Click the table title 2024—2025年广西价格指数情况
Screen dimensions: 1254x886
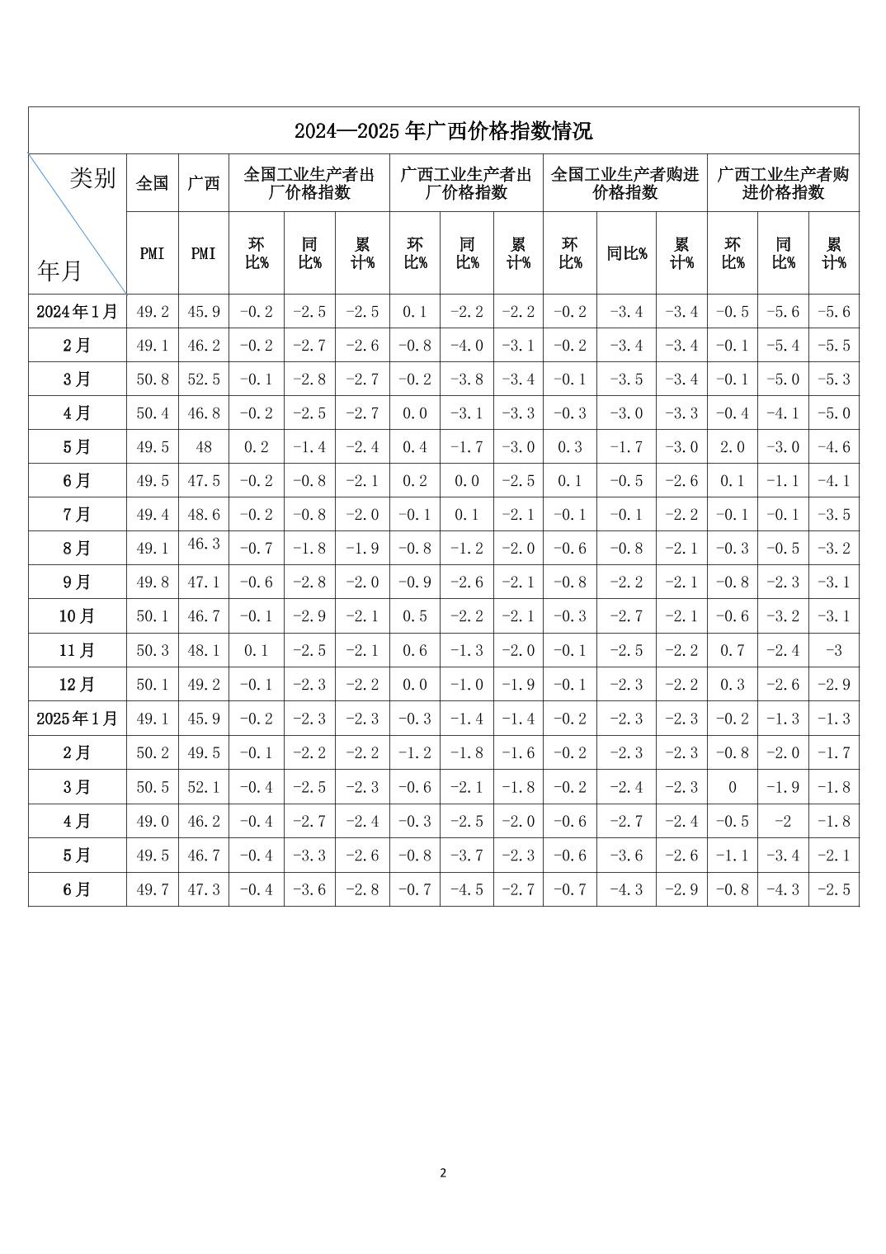[x=443, y=131]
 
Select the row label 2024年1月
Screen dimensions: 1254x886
[x=78, y=312]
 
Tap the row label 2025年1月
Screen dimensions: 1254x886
[x=78, y=719]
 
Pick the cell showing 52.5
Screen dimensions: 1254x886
[x=204, y=379]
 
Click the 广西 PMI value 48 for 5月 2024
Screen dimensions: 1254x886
[x=204, y=447]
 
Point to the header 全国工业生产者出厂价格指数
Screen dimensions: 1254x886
[x=309, y=183]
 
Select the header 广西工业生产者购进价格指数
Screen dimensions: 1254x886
[x=783, y=183]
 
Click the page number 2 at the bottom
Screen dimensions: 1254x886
[x=443, y=1173]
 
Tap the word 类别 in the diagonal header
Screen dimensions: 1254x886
[x=92, y=178]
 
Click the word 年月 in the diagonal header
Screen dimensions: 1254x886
[x=60, y=270]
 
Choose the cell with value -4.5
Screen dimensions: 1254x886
[x=467, y=889]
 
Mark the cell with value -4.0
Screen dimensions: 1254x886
[x=467, y=346]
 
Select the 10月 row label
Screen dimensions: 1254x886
[x=78, y=616]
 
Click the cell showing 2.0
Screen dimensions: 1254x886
[x=733, y=447]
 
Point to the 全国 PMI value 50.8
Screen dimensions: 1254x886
[x=153, y=379]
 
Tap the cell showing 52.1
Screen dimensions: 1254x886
[x=204, y=787]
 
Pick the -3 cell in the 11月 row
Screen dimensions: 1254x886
[x=834, y=650]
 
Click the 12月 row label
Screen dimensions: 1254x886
[x=78, y=685]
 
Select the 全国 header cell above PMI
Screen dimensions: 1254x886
[x=153, y=183]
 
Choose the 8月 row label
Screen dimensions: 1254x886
[x=78, y=549]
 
